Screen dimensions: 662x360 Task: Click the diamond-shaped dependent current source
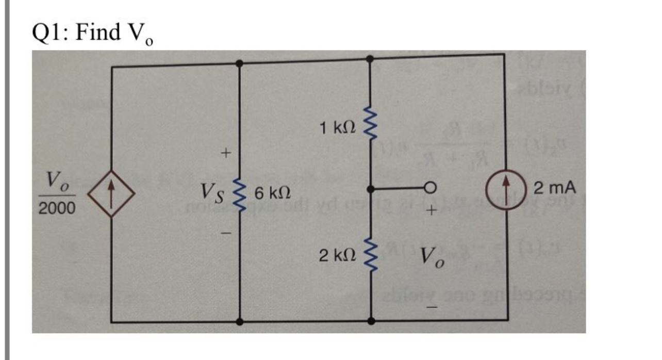(112, 193)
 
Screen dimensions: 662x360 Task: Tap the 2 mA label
(553, 188)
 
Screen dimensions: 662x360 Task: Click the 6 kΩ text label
(268, 194)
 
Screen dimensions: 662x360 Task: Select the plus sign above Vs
(224, 153)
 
